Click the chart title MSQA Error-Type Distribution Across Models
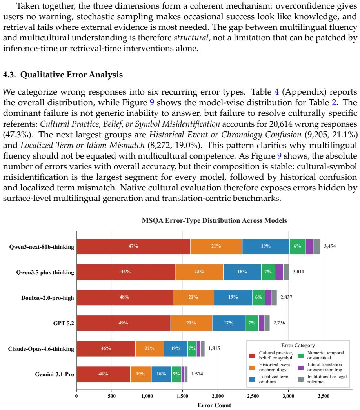(x=214, y=220)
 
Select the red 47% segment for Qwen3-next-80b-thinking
(x=133, y=246)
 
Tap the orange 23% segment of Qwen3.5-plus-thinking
(x=199, y=272)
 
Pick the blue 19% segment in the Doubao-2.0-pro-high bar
(x=233, y=297)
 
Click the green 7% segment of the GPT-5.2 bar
(x=252, y=323)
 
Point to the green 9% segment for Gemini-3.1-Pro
(x=176, y=374)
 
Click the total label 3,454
(x=330, y=246)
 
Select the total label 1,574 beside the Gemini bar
(x=197, y=374)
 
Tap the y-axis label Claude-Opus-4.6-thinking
(x=41, y=349)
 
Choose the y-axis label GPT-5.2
(x=64, y=323)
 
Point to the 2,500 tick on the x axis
(x=253, y=396)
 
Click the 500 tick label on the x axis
(x=112, y=396)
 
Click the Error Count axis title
(x=214, y=405)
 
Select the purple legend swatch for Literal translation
(x=301, y=367)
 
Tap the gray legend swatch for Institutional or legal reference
(x=301, y=379)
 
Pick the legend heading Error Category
(x=298, y=345)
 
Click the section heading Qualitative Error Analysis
(x=71, y=75)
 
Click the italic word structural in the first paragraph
(x=191, y=38)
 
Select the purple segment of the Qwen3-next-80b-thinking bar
(x=309, y=246)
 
